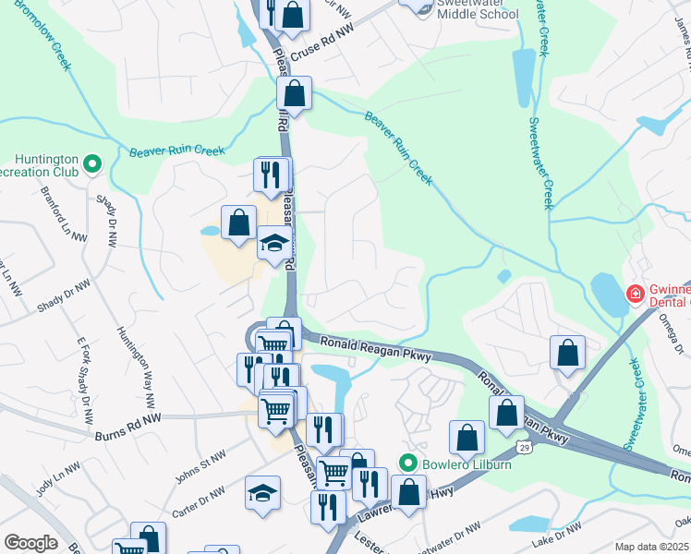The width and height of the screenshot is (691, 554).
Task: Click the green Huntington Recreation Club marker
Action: pos(91,164)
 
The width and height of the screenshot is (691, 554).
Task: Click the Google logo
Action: pos(30,543)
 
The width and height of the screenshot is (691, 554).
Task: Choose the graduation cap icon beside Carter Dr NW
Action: pos(262,492)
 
